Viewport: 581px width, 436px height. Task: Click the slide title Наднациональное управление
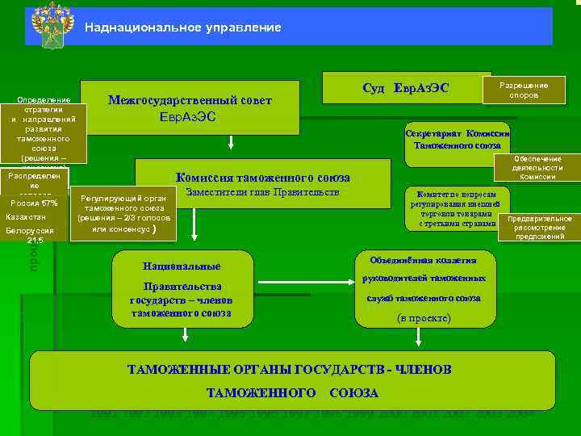point(183,27)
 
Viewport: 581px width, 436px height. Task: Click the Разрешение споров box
point(524,90)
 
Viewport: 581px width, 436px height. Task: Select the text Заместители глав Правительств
point(262,193)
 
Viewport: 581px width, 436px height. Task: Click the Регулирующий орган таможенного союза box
point(123,214)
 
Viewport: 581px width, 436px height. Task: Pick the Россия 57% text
point(34,203)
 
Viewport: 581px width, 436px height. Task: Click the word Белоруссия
point(29,231)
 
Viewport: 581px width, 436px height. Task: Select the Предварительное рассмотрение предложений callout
point(539,228)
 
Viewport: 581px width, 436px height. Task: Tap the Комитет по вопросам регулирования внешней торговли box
point(456,209)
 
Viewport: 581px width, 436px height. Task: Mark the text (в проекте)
point(424,318)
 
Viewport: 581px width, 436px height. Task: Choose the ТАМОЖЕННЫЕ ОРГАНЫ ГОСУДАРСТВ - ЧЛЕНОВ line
point(289,370)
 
